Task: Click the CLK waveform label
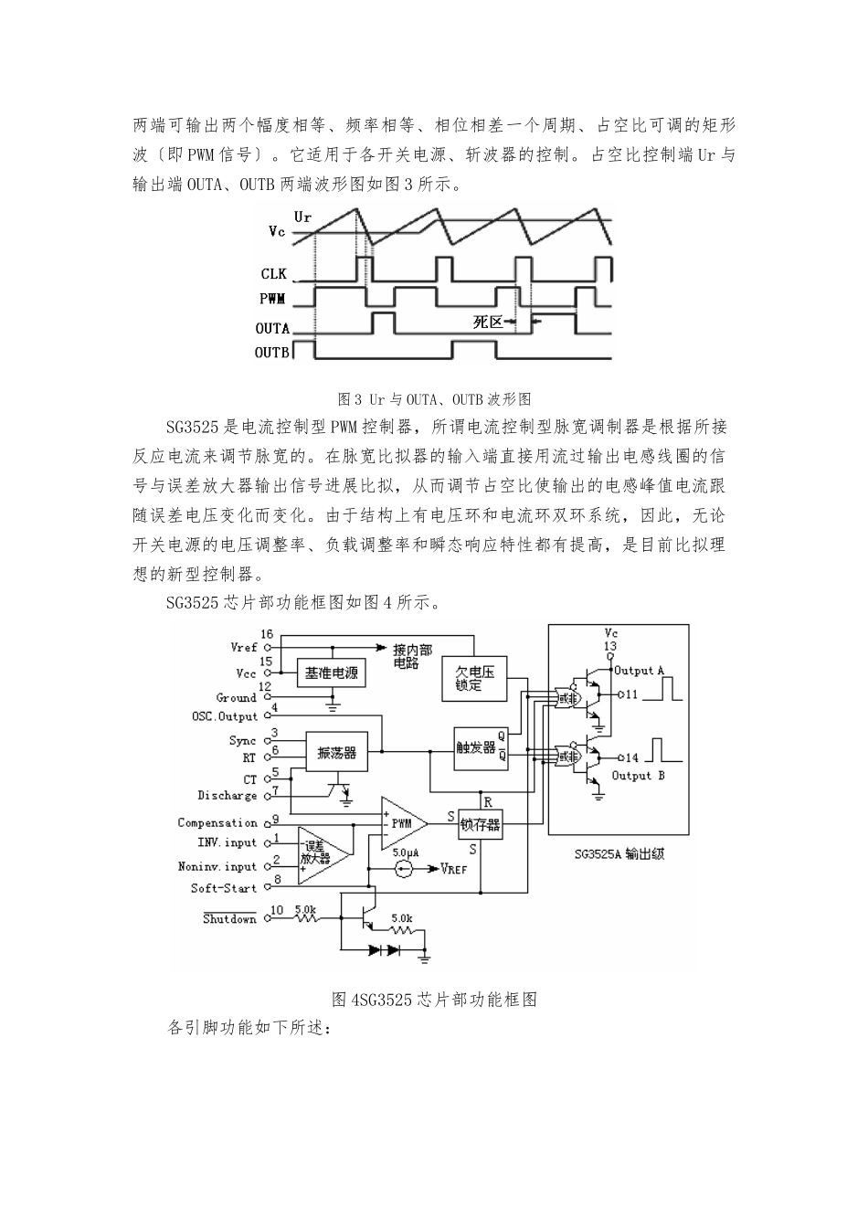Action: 273,274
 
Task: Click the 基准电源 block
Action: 332,673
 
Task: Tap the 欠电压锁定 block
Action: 474,678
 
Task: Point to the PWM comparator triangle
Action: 403,822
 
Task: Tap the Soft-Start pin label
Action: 224,887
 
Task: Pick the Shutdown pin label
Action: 229,918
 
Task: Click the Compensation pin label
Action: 217,822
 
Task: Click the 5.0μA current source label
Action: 406,852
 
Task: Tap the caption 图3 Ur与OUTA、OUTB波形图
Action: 434,398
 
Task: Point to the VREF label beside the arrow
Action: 453,869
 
